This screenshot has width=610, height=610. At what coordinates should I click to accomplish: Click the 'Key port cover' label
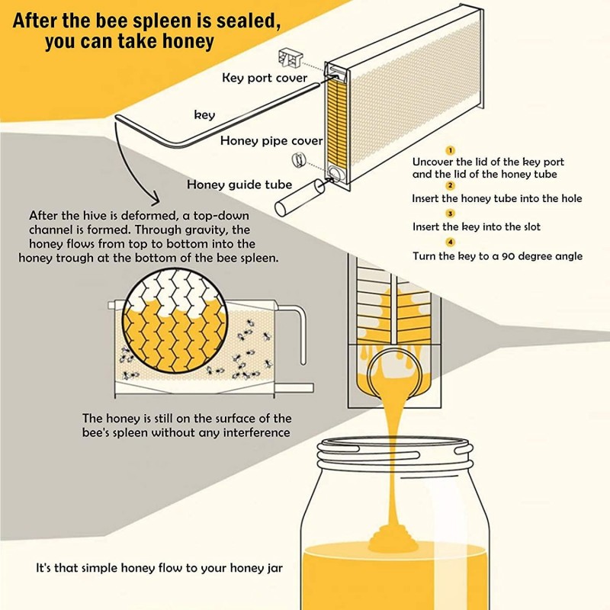click(x=265, y=78)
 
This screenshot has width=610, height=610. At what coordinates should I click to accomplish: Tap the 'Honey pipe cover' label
click(x=271, y=141)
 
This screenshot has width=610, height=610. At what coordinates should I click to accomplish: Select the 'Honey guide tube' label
click(x=239, y=185)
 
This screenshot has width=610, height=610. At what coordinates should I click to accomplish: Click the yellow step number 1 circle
click(x=450, y=150)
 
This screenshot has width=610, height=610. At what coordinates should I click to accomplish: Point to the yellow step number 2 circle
click(x=450, y=185)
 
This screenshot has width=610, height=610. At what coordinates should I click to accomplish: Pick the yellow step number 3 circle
click(x=450, y=213)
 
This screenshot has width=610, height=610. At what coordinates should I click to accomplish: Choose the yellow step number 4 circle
click(x=450, y=242)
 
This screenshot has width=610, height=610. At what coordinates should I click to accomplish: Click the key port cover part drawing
click(x=290, y=58)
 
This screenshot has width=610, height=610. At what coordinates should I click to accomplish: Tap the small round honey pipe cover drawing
click(x=299, y=159)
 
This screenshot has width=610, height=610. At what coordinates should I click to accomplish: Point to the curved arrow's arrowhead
click(x=155, y=199)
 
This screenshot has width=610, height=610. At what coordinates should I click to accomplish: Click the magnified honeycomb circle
click(x=175, y=320)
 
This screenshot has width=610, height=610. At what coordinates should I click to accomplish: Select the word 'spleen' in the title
click(x=163, y=21)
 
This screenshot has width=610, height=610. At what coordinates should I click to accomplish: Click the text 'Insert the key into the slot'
click(x=477, y=226)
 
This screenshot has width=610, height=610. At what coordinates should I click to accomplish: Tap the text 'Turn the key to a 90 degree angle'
click(x=498, y=256)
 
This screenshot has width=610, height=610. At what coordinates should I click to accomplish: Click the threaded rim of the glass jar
click(x=394, y=454)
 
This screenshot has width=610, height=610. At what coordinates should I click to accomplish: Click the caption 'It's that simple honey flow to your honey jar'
click(x=159, y=568)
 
